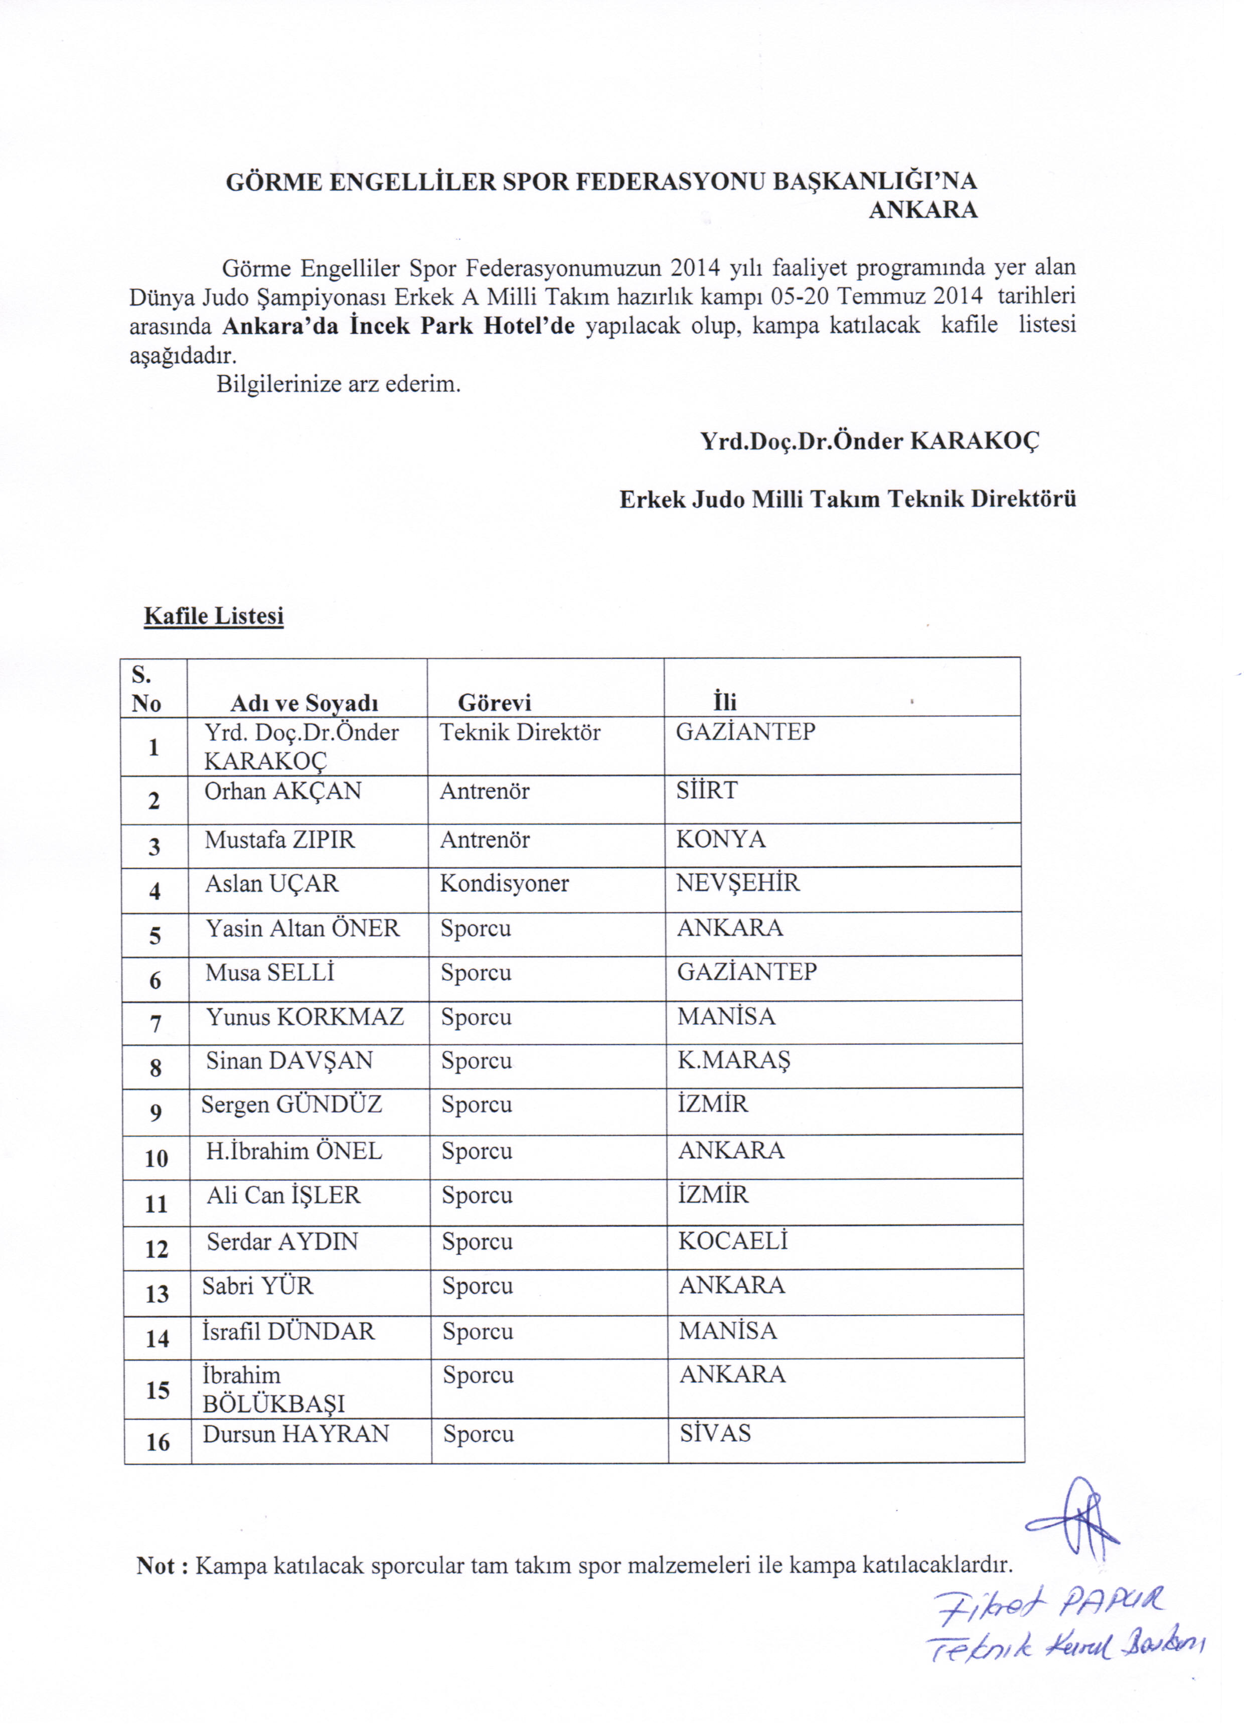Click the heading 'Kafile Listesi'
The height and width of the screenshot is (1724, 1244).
[214, 616]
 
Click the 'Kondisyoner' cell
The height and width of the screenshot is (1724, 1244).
[504, 883]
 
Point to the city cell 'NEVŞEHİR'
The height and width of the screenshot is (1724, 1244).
[737, 883]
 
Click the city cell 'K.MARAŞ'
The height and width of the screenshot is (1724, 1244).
[734, 1061]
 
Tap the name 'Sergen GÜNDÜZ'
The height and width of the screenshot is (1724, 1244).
[291, 1105]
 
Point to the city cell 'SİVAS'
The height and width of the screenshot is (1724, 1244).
[715, 1434]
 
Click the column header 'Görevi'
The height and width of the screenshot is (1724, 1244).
[494, 702]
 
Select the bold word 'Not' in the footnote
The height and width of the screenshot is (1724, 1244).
[156, 1566]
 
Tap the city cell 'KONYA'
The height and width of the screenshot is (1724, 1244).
[721, 839]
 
